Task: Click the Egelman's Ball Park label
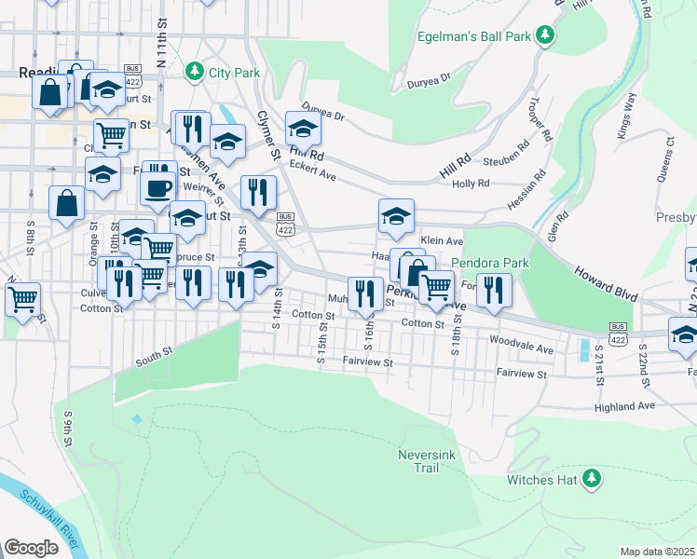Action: click(x=478, y=36)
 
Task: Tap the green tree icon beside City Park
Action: click(x=194, y=70)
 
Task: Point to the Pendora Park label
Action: click(x=490, y=263)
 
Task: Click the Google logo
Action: click(x=31, y=548)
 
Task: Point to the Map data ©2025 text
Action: click(x=656, y=552)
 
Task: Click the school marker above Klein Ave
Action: click(x=396, y=216)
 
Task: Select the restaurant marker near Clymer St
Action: click(x=258, y=192)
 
